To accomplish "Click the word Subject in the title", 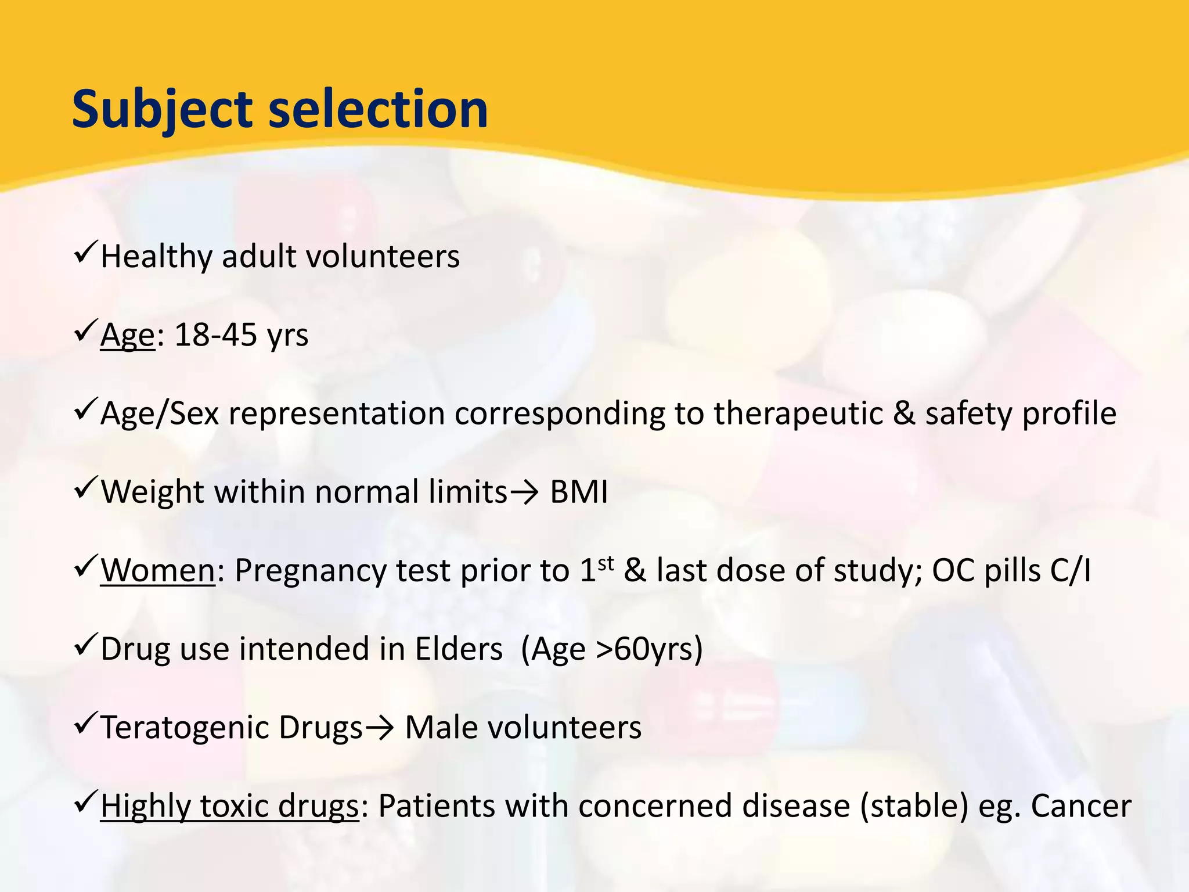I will [162, 110].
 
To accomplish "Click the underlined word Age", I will [128, 336].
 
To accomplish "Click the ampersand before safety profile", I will [904, 413].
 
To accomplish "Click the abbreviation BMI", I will [579, 492].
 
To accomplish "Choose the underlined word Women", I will [158, 570].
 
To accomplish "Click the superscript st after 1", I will [606, 563].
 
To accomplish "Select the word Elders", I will [459, 649].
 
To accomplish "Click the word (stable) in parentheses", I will [914, 806].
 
